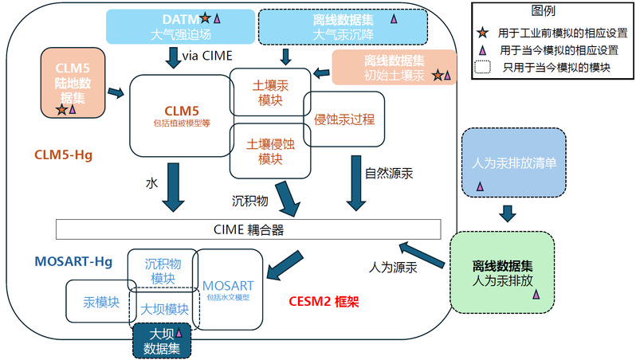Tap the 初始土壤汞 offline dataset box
point(394,68)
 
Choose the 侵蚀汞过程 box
point(344,119)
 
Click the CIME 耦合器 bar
point(248,229)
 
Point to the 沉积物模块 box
point(163,271)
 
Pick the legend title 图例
point(543,10)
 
